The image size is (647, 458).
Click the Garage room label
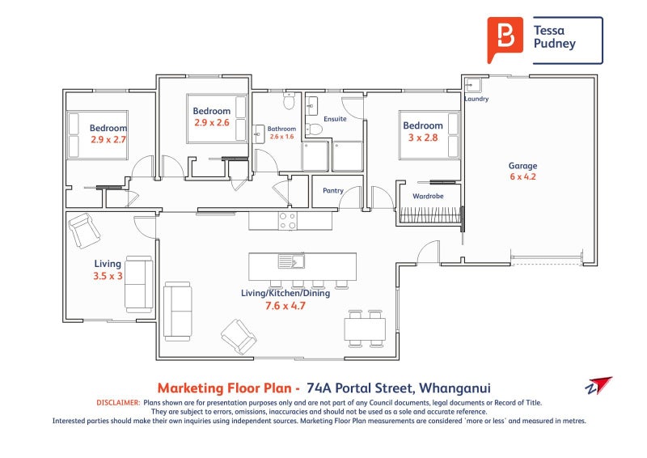point(522,166)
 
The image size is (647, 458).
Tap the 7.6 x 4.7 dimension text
point(285,306)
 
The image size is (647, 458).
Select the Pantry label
point(333,190)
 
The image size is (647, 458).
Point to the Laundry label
point(476,99)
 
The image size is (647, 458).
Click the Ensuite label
point(335,119)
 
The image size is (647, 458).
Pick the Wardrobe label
point(428,196)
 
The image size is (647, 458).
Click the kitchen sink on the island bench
point(291,261)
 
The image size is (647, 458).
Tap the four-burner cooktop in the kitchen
point(288,221)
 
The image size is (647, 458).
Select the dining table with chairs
point(365,329)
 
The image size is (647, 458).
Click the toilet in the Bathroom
point(289,100)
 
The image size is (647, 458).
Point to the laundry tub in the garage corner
point(473,86)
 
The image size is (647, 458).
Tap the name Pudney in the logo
point(555,45)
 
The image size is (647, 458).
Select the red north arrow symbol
point(599,385)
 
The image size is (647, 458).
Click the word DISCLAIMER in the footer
point(118,402)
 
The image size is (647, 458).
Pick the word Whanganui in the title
point(455,388)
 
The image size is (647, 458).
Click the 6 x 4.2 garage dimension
point(522,176)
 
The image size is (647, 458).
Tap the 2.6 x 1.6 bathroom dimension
point(281,137)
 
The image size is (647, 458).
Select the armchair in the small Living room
point(85,231)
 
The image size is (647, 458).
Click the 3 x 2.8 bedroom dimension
point(423,138)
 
